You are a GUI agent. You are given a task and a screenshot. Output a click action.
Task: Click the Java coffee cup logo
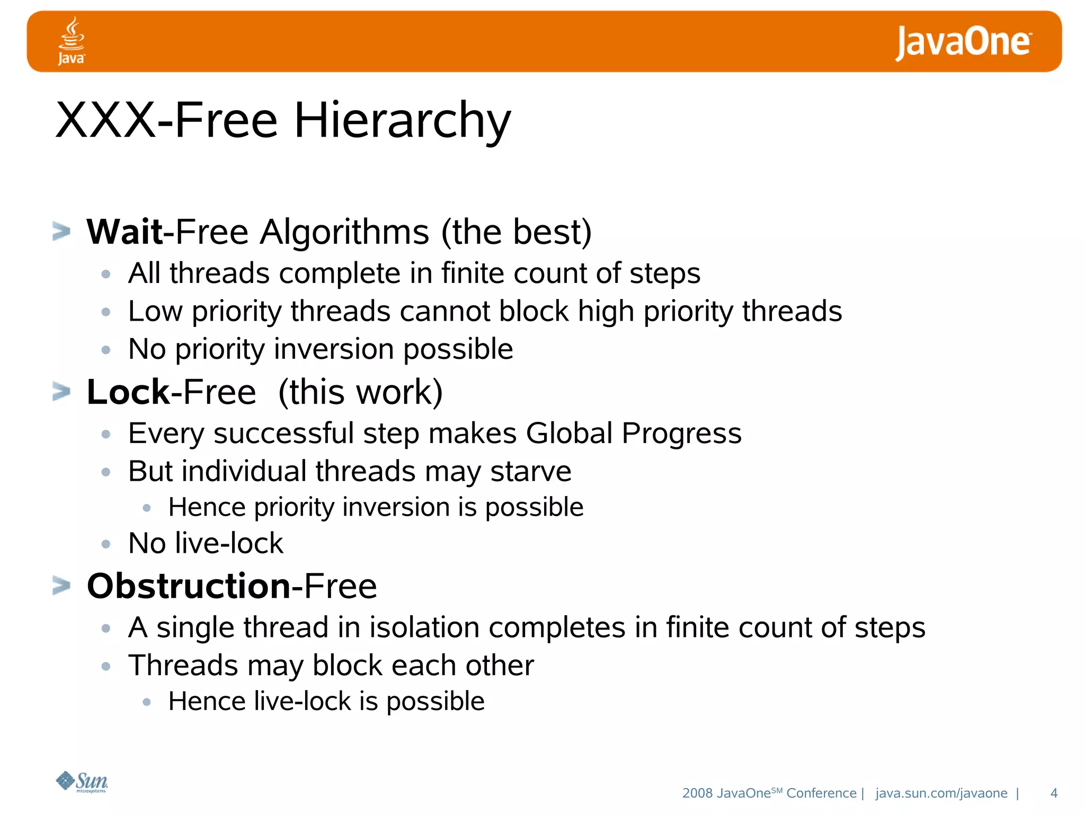[x=71, y=40]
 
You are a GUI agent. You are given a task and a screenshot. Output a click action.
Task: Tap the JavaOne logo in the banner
[x=963, y=42]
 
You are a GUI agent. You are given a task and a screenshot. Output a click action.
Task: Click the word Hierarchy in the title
[x=402, y=121]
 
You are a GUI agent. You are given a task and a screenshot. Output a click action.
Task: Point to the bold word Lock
[x=128, y=392]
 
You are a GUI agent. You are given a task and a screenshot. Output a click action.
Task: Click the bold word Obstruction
[x=189, y=586]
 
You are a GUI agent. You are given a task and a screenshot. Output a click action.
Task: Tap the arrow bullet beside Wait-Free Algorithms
[x=61, y=232]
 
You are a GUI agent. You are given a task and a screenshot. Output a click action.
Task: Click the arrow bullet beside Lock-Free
[x=61, y=392]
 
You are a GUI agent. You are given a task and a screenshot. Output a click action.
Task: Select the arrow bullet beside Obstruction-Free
[x=61, y=586]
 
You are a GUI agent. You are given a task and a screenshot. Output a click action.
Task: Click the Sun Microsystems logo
[x=82, y=782]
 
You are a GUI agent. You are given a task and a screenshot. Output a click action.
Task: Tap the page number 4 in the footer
[x=1054, y=793]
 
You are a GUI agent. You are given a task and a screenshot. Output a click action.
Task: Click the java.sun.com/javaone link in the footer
[x=941, y=793]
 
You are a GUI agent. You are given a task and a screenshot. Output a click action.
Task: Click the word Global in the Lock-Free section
[x=569, y=433]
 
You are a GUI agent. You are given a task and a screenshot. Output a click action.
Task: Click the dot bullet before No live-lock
[x=106, y=544]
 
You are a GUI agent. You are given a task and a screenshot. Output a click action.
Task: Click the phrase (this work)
[x=360, y=392]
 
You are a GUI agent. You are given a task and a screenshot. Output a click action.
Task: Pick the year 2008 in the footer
[x=697, y=793]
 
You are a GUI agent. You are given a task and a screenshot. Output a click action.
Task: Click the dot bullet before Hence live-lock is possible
[x=147, y=702]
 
